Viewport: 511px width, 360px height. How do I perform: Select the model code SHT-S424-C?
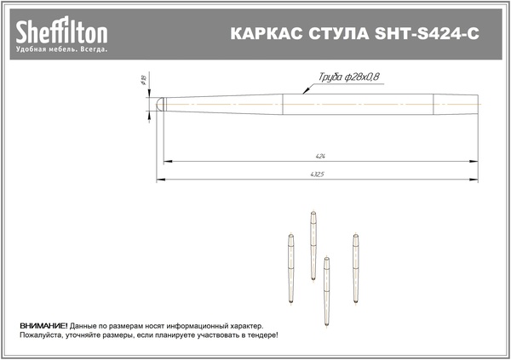(x=427, y=33)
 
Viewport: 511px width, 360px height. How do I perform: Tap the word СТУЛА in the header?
(x=339, y=33)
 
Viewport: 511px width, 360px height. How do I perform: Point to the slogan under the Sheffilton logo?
(x=61, y=49)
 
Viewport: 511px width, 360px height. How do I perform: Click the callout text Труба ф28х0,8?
(x=348, y=77)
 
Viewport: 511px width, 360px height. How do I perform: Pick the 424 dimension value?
(x=320, y=157)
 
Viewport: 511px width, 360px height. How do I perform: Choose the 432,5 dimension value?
(x=317, y=174)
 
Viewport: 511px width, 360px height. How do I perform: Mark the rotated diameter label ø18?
(x=143, y=80)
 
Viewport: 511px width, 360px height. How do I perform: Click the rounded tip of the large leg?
(x=159, y=104)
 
